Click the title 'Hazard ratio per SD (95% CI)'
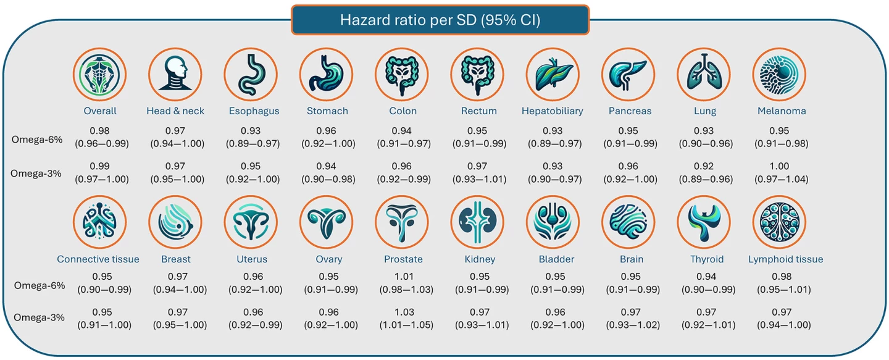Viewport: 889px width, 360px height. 440,20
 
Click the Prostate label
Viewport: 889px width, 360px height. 403,259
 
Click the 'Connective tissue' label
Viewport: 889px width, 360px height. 98,259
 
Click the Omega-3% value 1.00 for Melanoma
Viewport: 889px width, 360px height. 780,167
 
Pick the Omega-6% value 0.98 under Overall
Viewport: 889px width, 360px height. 100,131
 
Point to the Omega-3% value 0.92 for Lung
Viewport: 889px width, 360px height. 704,167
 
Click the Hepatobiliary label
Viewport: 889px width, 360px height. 553,111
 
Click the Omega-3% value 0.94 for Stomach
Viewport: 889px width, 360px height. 328,167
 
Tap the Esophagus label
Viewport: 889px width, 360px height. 251,111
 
